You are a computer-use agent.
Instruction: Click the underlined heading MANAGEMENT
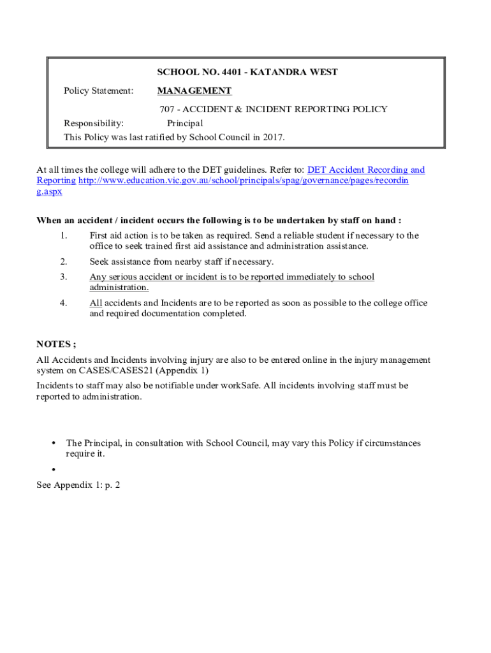point(194,91)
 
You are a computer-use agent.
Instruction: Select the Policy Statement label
point(98,91)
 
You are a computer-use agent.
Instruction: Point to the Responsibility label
point(94,123)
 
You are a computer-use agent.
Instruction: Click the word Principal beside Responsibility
point(185,123)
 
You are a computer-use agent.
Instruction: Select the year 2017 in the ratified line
point(272,137)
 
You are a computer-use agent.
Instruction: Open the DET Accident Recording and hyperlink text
point(365,170)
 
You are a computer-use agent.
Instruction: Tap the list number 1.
point(63,236)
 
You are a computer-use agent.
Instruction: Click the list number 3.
point(63,277)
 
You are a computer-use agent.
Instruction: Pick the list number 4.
point(63,304)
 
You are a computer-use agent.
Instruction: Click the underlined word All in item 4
point(96,304)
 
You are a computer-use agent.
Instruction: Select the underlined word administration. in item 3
point(119,288)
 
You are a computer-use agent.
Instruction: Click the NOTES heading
point(56,344)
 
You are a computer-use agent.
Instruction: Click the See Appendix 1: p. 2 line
point(78,485)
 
